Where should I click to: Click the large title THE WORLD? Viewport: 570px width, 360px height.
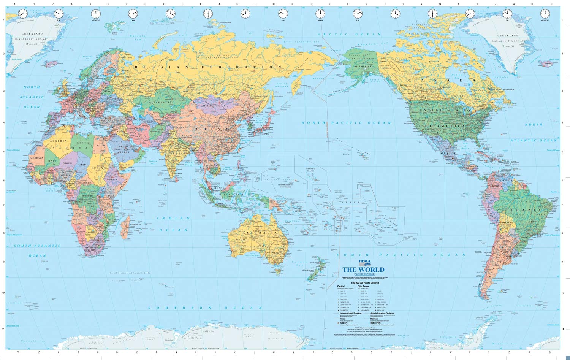[x=363, y=270]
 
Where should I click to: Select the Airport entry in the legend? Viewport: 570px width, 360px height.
[x=341, y=322]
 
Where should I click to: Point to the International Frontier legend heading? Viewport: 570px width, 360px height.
[x=349, y=314]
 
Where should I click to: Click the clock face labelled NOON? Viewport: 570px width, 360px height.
[x=320, y=14]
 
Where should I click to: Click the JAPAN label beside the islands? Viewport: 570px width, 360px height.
[x=265, y=134]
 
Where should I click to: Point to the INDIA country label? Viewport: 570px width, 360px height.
[x=176, y=154]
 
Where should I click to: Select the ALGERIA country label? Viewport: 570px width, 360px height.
[x=58, y=141]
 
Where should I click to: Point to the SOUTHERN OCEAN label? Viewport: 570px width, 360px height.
[x=205, y=308]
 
